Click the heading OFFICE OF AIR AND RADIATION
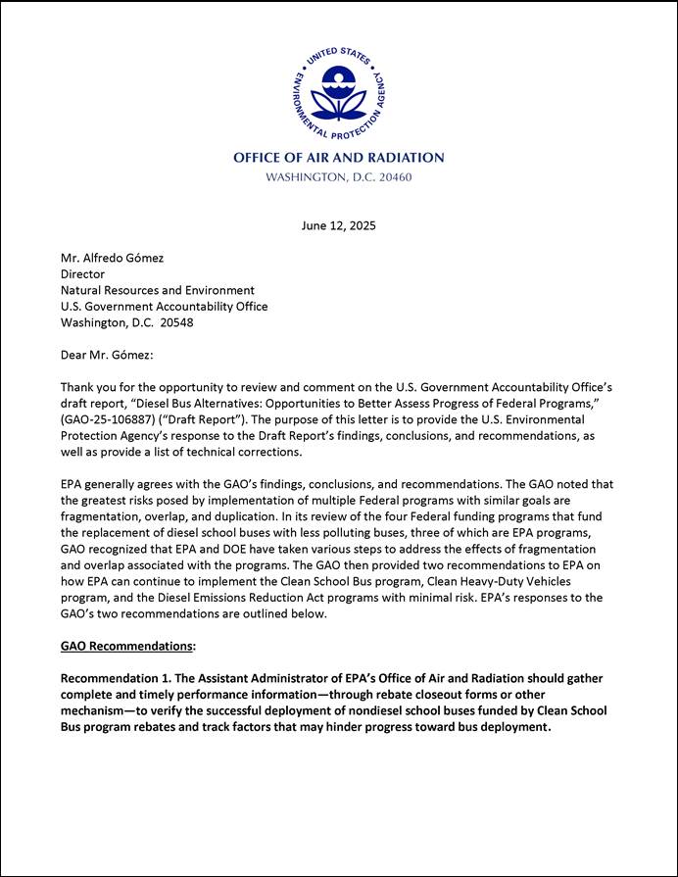[x=338, y=158]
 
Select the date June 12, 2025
[x=338, y=225]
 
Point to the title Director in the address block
[x=82, y=274]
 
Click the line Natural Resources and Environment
[x=158, y=290]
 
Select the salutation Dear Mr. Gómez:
[x=107, y=355]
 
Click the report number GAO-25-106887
[x=107, y=419]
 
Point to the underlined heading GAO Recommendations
[x=126, y=647]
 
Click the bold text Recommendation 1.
[x=121, y=679]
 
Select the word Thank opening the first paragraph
[x=78, y=387]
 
